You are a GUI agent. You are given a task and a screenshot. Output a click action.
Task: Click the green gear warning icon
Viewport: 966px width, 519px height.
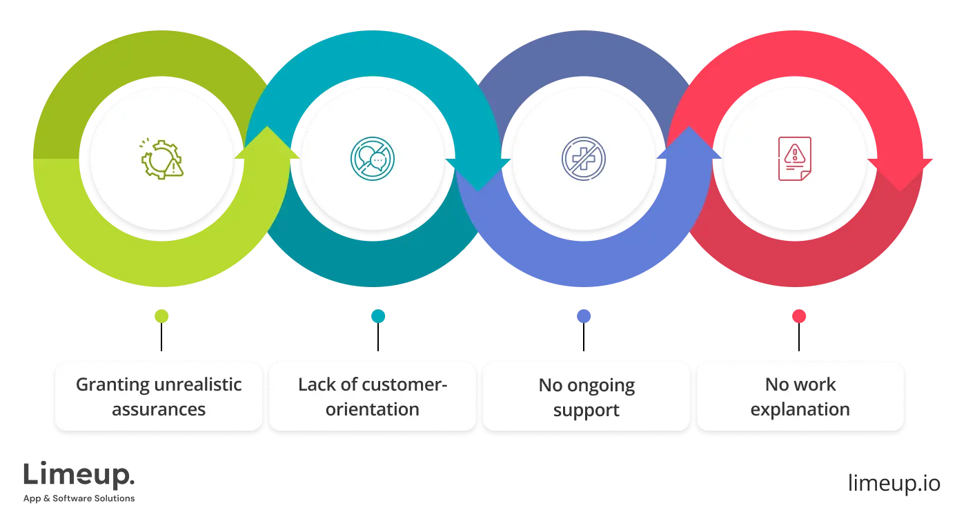point(162,159)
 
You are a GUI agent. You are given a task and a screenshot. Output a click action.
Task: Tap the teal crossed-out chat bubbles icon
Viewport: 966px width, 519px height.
point(373,159)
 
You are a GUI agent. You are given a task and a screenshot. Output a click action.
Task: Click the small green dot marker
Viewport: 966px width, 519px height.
point(162,317)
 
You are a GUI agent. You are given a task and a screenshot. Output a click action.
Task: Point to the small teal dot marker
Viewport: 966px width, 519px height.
point(378,317)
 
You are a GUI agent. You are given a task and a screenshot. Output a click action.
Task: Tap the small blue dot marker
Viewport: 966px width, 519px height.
point(584,317)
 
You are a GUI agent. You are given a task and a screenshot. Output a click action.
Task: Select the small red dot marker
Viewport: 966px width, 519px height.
point(799,317)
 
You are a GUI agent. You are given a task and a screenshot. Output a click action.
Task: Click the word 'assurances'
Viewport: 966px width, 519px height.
point(159,409)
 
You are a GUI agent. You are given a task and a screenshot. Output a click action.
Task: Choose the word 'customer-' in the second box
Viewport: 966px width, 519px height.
point(406,384)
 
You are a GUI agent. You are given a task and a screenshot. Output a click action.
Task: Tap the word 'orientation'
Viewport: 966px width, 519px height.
point(373,409)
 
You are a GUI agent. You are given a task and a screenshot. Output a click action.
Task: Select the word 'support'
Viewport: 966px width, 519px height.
point(586,411)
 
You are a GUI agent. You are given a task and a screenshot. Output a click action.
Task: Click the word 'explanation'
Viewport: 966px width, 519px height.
point(800,409)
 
